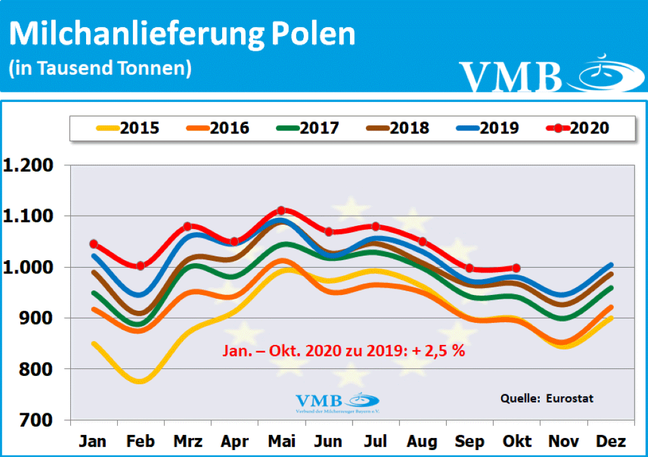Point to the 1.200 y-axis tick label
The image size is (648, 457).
30,166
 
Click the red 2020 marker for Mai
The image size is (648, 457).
282,211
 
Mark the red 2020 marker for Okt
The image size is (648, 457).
517,268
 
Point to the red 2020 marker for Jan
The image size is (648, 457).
94,244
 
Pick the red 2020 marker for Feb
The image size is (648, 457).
140,266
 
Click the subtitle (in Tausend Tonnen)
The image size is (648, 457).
100,68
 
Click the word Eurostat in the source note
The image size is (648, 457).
571,399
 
